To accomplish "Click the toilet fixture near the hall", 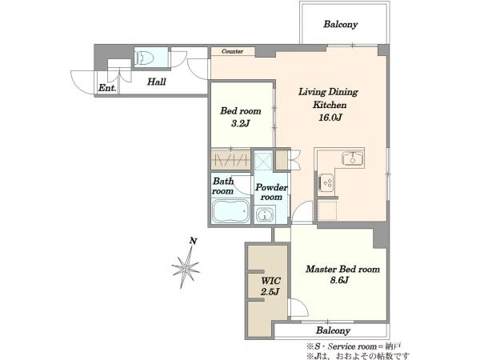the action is click(144, 58).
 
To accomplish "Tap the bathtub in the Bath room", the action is click(230, 211).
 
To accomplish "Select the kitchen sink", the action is click(353, 158).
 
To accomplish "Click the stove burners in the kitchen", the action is click(326, 182).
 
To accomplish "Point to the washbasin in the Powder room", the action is click(264, 215).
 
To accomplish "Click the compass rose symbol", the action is click(186, 268).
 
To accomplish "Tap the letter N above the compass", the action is click(193, 241).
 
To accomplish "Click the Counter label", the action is click(232, 51).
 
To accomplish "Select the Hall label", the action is click(157, 82).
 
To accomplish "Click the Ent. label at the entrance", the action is click(107, 88).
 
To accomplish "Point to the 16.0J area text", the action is click(330, 118).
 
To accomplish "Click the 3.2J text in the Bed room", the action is click(241, 124).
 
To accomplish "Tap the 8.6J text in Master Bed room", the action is click(339, 280).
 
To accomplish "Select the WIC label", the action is click(271, 281).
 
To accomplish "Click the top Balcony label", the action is click(341, 25).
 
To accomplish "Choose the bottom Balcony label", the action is click(333, 330).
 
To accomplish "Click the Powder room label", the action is click(271, 192).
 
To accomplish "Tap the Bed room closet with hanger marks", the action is click(231, 159).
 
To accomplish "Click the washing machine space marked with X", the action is click(263, 159).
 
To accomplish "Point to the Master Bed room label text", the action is click(342, 269).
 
